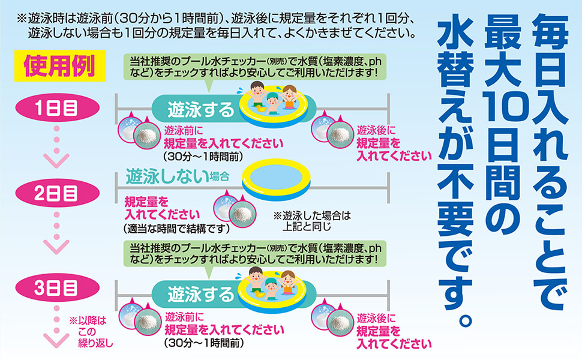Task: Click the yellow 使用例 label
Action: [58, 65]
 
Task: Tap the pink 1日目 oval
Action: [55, 110]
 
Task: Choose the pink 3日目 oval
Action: [55, 286]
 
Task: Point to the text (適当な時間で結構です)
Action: [176, 227]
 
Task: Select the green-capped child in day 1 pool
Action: [272, 101]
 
